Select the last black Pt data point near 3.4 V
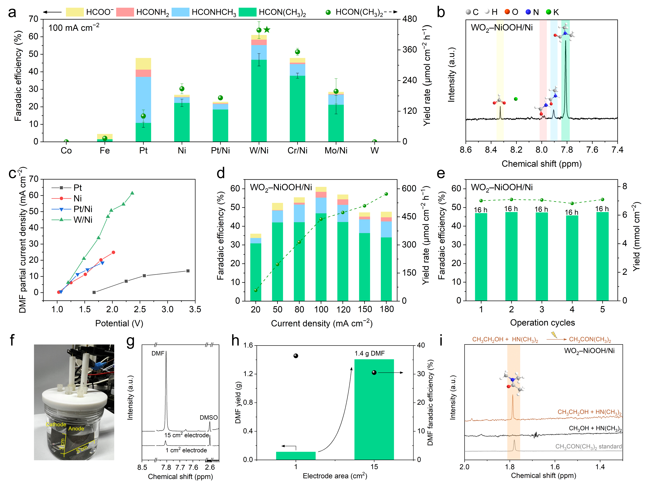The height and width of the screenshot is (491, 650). (x=188, y=271)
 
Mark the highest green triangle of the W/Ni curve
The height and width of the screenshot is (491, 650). (x=132, y=193)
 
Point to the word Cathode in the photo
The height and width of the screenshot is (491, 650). (x=56, y=424)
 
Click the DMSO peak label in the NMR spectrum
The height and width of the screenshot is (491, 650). (x=209, y=417)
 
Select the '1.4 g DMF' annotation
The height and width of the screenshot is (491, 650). (x=369, y=353)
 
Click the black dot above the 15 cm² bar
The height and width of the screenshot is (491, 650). (x=374, y=372)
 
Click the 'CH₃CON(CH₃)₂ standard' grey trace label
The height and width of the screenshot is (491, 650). (x=588, y=446)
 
